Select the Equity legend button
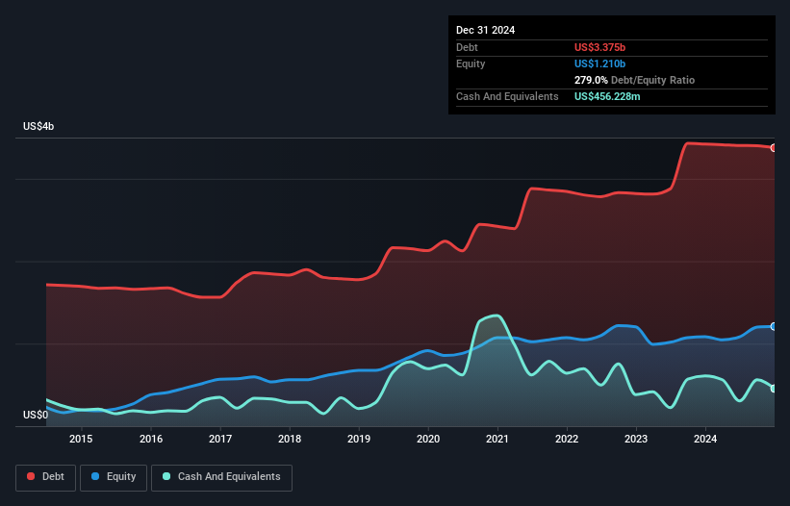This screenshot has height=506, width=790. click(x=115, y=476)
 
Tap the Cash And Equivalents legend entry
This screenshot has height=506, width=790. click(x=221, y=476)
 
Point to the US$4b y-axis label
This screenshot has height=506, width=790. click(x=39, y=127)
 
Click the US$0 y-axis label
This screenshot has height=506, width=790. click(x=36, y=416)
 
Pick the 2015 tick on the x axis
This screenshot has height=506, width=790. click(x=81, y=440)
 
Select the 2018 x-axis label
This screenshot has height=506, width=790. click(x=289, y=440)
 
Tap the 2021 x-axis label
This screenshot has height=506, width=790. click(x=497, y=440)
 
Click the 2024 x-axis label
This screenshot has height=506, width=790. click(x=705, y=440)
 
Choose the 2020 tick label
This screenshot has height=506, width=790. click(x=428, y=440)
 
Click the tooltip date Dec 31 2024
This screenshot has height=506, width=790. click(x=485, y=30)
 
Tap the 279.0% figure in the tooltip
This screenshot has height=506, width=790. click(x=591, y=80)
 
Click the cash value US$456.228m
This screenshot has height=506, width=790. click(x=617, y=96)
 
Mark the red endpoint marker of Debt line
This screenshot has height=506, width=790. click(x=774, y=147)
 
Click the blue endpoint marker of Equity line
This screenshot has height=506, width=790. click(x=774, y=326)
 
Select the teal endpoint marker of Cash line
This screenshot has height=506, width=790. click(x=774, y=389)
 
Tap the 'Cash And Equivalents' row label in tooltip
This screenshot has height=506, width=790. click(x=507, y=96)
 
